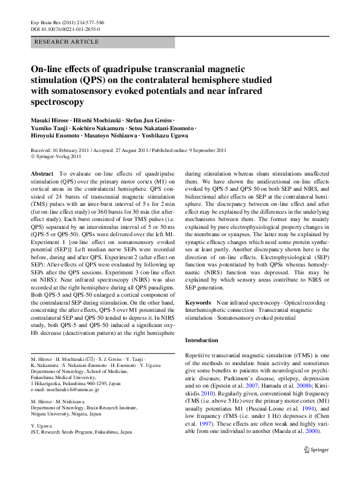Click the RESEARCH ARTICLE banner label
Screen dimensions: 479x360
[x=67, y=42]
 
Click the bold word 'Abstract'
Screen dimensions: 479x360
[x=42, y=173]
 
